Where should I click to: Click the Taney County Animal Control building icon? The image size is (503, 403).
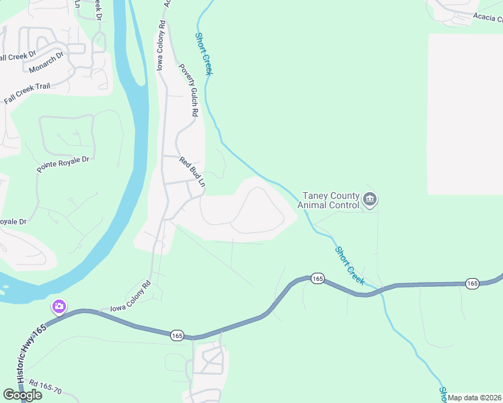(x=370, y=199)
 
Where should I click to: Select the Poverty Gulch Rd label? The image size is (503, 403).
(x=188, y=91)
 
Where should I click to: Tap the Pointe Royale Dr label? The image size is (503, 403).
(x=63, y=165)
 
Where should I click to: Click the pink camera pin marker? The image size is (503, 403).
(x=59, y=307)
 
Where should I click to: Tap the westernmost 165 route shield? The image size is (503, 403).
(x=177, y=335)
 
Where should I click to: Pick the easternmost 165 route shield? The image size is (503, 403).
(x=472, y=284)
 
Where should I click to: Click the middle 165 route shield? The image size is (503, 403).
(x=318, y=278)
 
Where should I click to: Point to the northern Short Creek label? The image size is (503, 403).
(x=203, y=54)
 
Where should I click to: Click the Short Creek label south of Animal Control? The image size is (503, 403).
(x=350, y=265)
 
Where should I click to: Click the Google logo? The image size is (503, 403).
(x=23, y=395)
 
